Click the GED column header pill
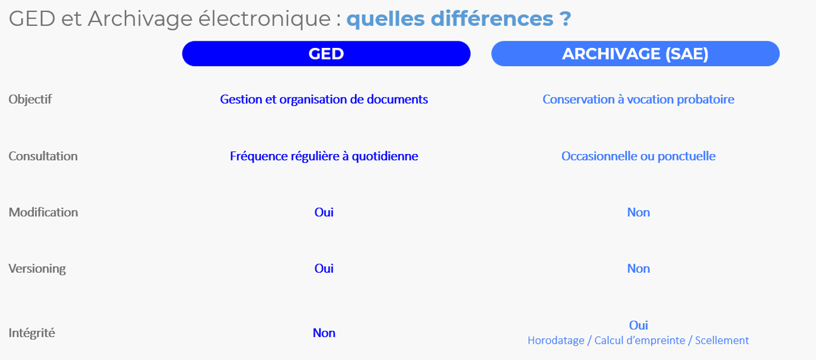(x=326, y=53)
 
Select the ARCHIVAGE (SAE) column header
(x=635, y=53)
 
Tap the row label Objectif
(x=30, y=99)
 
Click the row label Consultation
(x=43, y=156)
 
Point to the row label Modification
(x=44, y=212)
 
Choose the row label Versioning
(x=37, y=268)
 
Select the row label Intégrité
(x=32, y=333)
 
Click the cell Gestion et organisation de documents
(x=324, y=99)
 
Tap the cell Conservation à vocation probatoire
(x=639, y=99)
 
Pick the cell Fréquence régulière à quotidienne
(x=324, y=156)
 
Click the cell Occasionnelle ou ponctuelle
(x=639, y=156)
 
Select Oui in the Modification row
(x=324, y=212)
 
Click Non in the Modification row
(x=639, y=212)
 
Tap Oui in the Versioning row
(x=324, y=268)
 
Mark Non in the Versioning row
(x=639, y=268)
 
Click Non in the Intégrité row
(x=324, y=333)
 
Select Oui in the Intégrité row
(x=639, y=325)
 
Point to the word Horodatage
(x=556, y=341)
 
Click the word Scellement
(x=721, y=341)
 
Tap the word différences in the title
(x=492, y=19)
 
